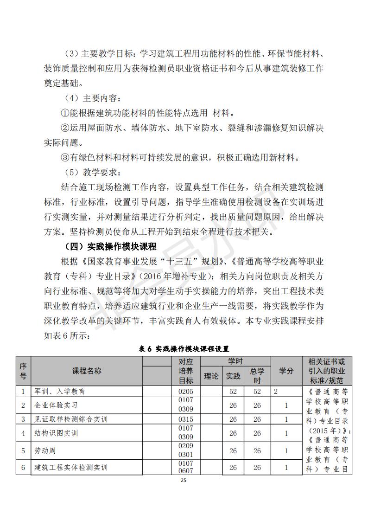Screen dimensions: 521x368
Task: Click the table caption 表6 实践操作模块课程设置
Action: pos(184,348)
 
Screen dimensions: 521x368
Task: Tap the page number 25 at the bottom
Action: pos(184,481)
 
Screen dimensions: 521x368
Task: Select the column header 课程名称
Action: pos(87,371)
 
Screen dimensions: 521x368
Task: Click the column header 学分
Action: pos(286,371)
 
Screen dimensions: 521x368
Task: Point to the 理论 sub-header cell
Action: pos(211,376)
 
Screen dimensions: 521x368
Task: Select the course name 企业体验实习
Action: pos(56,405)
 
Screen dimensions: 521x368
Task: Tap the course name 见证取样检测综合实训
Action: pos(71,419)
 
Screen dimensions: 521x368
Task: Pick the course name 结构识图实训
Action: pos(56,433)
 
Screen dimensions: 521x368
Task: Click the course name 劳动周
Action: pos(45,450)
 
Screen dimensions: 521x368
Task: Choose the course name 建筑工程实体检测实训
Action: pos(71,467)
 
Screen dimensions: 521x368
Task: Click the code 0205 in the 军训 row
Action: pos(185,391)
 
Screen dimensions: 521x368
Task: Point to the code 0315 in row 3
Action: pos(185,419)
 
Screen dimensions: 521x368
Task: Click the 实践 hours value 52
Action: pos(233,391)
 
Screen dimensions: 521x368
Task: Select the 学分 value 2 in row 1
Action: pos(276,391)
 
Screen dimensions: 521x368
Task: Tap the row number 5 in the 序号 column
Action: pos(23,450)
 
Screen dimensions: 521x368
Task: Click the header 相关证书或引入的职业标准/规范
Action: pos(326,371)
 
